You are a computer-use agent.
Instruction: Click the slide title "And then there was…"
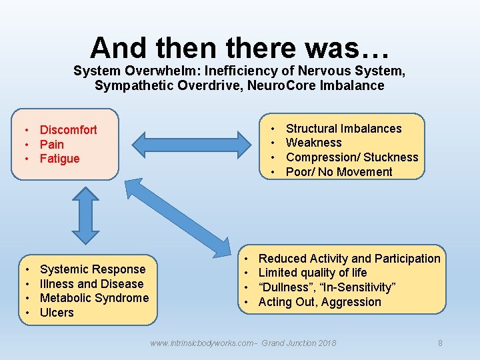pos(240,48)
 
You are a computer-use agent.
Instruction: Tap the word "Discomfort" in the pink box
pos(68,130)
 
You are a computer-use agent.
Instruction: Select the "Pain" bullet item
pos(52,145)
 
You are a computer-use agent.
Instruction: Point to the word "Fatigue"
pos(59,159)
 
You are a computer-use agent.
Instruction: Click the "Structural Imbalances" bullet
pos(343,129)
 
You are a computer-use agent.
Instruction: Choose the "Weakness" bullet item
pos(313,143)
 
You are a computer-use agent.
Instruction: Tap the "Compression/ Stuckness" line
pos(351,157)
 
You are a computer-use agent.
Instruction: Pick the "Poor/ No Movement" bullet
pos(339,172)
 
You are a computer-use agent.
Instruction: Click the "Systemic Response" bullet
pos(92,269)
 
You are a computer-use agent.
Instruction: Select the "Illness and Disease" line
pos(91,284)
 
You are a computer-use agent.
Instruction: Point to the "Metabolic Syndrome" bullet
pos(94,298)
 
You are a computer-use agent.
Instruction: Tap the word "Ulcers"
pos(57,313)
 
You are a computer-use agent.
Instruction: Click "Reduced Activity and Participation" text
pos(349,259)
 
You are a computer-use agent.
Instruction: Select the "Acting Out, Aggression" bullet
pos(319,302)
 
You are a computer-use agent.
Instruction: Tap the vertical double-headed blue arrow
pos(85,214)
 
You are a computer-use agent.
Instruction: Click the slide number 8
pos(440,343)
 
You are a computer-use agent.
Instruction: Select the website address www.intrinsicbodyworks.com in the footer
pos(202,343)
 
